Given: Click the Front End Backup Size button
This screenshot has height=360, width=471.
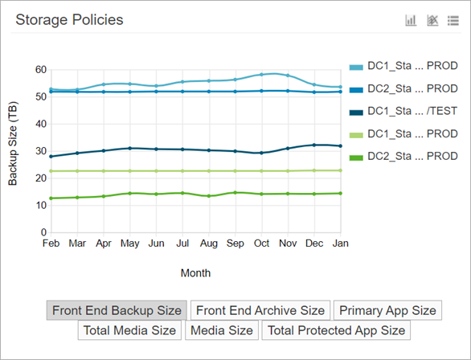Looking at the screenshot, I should [x=117, y=310].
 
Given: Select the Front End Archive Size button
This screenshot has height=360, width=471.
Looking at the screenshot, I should [x=261, y=310].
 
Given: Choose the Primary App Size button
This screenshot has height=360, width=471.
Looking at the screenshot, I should [x=387, y=310].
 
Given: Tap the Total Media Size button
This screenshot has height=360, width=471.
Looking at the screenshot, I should [x=129, y=329].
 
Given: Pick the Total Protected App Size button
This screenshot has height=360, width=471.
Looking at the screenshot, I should [x=336, y=329].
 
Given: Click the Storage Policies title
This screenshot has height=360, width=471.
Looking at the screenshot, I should [x=69, y=20].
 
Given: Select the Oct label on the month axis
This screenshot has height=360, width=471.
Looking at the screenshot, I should [x=261, y=243].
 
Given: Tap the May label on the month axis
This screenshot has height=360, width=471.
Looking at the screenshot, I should [x=129, y=243].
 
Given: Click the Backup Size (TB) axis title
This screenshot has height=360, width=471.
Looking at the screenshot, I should [x=14, y=150].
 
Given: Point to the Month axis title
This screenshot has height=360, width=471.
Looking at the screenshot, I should [x=195, y=273].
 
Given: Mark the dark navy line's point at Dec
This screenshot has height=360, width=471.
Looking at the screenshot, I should [x=313, y=145].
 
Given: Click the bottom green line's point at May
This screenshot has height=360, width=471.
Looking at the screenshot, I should [x=129, y=193].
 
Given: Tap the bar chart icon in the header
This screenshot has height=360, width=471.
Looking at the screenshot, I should [x=411, y=20].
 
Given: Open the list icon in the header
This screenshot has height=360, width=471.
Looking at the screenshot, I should [x=453, y=20].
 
